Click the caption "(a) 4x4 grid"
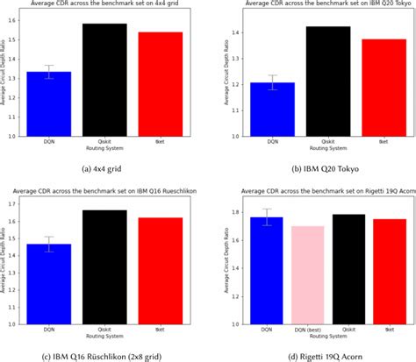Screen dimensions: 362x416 [106, 165]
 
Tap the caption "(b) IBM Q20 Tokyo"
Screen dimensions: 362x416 [319, 165]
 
